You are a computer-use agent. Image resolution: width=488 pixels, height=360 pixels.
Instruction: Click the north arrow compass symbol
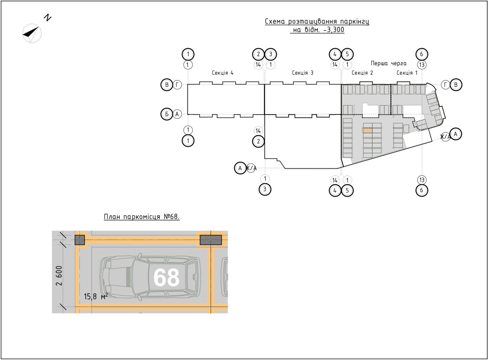point(32,33)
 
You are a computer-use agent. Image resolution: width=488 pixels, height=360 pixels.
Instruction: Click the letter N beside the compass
point(48,18)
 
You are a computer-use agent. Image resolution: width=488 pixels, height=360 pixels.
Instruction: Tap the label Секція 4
point(222,73)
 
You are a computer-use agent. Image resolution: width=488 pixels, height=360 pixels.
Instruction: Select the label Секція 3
point(303,73)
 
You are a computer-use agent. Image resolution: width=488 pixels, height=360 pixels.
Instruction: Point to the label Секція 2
point(362,73)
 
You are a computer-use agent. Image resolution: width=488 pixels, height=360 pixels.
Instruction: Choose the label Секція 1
point(407,73)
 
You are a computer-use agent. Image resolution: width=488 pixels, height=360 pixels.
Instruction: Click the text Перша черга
point(388,63)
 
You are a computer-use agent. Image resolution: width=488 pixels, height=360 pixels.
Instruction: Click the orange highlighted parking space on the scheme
point(367,130)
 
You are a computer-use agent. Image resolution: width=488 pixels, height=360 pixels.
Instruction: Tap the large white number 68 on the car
point(167,277)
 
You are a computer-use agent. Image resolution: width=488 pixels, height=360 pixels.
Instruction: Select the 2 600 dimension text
point(59,276)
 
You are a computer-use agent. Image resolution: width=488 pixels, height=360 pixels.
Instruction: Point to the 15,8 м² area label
point(96,296)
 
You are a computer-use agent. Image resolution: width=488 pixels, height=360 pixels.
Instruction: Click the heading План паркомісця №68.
point(142,217)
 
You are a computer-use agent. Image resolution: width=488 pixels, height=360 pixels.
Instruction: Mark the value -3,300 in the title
point(334,30)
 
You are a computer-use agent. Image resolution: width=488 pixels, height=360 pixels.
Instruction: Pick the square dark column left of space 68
point(80,240)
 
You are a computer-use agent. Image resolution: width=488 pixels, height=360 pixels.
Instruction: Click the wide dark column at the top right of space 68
point(211,240)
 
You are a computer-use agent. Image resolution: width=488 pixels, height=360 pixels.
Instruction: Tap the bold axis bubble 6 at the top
point(422,54)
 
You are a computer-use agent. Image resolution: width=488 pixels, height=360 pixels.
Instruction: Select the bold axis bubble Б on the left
point(167,114)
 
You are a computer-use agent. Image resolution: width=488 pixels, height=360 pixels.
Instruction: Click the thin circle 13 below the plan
point(422,180)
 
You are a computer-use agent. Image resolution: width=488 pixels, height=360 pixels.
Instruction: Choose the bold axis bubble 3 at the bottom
point(265,189)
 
